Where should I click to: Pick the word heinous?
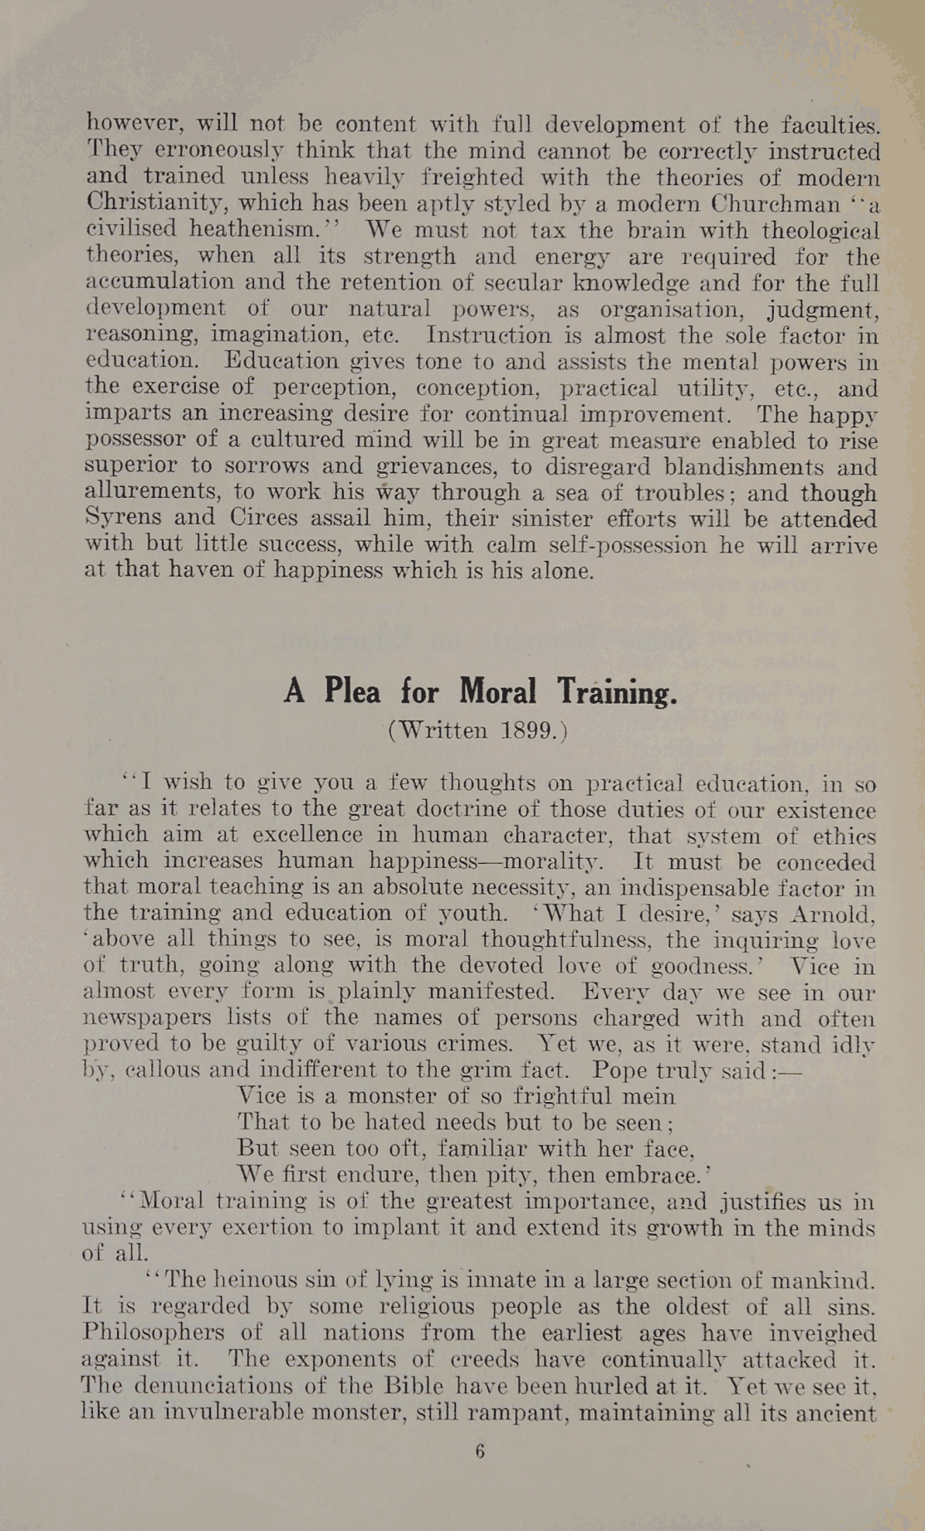coord(247,1280)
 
